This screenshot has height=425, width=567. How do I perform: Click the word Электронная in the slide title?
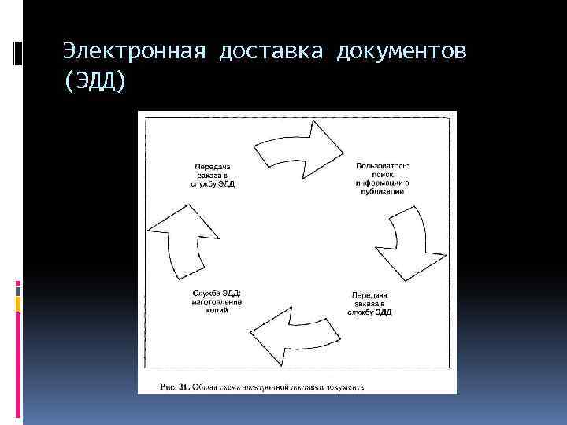click(x=135, y=52)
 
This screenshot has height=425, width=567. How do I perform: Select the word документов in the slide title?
click(x=402, y=52)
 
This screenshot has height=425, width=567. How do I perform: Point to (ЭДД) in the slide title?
click(x=94, y=80)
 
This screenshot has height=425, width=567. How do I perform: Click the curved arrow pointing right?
click(x=299, y=147)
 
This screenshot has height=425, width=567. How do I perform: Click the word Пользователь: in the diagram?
click(x=382, y=165)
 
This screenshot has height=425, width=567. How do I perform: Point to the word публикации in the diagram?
click(x=382, y=190)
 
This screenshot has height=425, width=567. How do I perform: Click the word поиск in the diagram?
click(x=382, y=174)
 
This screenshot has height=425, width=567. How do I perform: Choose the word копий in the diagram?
click(x=217, y=310)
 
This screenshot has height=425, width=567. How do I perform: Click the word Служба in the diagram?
click(x=206, y=293)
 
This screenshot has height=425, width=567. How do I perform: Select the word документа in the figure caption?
click(x=343, y=387)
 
